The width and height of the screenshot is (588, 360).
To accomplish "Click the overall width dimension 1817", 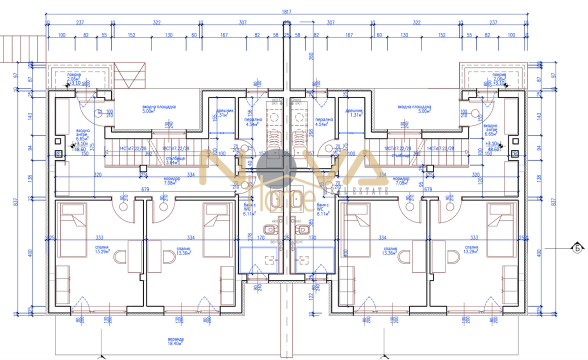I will point(286,12).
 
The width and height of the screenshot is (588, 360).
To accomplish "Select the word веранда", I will point(176,339).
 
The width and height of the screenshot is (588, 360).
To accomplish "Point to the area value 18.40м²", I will point(176,344).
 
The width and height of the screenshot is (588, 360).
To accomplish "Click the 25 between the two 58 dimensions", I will point(286,35).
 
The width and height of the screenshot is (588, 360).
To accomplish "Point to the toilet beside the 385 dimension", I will point(301,229).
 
